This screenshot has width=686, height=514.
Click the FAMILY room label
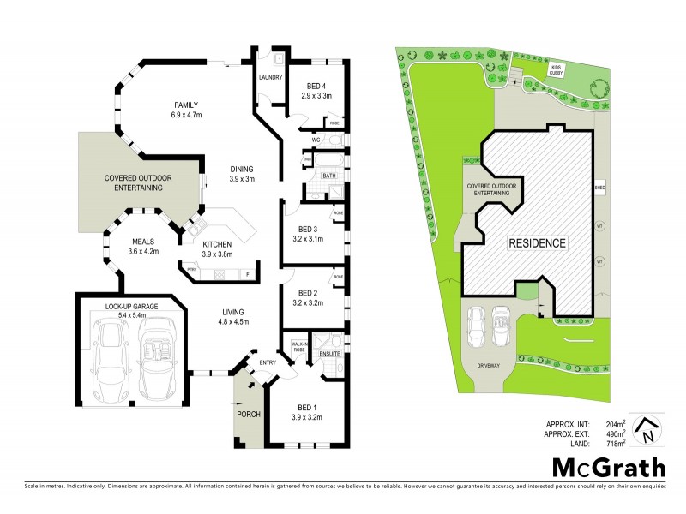(186, 105)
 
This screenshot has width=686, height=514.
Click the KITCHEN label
(217, 243)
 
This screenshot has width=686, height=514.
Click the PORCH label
(248, 415)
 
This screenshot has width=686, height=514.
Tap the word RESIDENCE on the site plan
(539, 243)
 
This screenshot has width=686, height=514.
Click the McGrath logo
(608, 467)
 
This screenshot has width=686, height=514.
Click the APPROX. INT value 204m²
(617, 423)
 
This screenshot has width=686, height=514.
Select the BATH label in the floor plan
(329, 176)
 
